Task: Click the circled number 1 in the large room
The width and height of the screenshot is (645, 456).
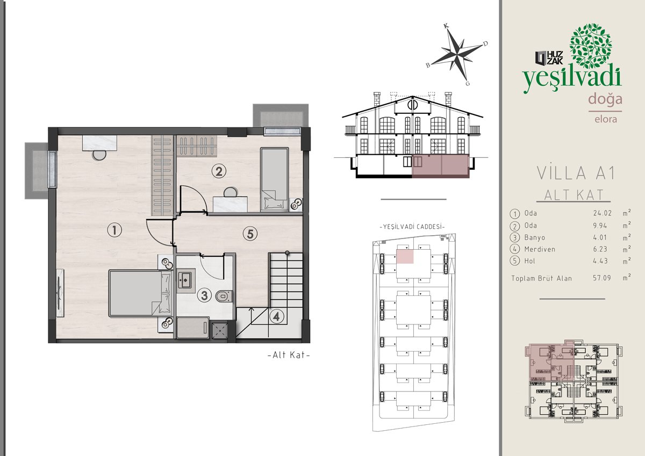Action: pos(114,230)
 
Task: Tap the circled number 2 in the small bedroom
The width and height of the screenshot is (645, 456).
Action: pos(219,171)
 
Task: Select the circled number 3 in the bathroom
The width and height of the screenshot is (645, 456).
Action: pos(204,295)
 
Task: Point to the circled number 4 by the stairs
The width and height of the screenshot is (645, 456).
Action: pos(276,316)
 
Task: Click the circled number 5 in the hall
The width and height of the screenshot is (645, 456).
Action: pos(250,234)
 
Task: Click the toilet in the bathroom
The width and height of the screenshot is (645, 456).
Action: pos(224,296)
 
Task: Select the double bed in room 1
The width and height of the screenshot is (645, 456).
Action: pos(141,293)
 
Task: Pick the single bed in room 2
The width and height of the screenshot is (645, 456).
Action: pos(274,179)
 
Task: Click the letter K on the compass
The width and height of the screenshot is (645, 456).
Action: pos(446,26)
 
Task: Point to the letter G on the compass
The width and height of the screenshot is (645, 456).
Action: pos(468,83)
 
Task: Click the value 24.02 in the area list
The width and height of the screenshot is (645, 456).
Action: pos(603,213)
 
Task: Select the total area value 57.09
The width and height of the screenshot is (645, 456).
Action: pos(602,278)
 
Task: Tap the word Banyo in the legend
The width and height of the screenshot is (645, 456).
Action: pos(535,237)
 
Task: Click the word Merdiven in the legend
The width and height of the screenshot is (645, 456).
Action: pos(540,249)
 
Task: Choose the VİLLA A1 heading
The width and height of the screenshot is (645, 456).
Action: pos(576,173)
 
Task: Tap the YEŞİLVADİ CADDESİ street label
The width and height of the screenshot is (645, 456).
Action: pos(412,227)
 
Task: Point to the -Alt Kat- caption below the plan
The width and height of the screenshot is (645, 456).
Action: pos(289,355)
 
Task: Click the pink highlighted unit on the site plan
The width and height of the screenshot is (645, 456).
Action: pos(405,256)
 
